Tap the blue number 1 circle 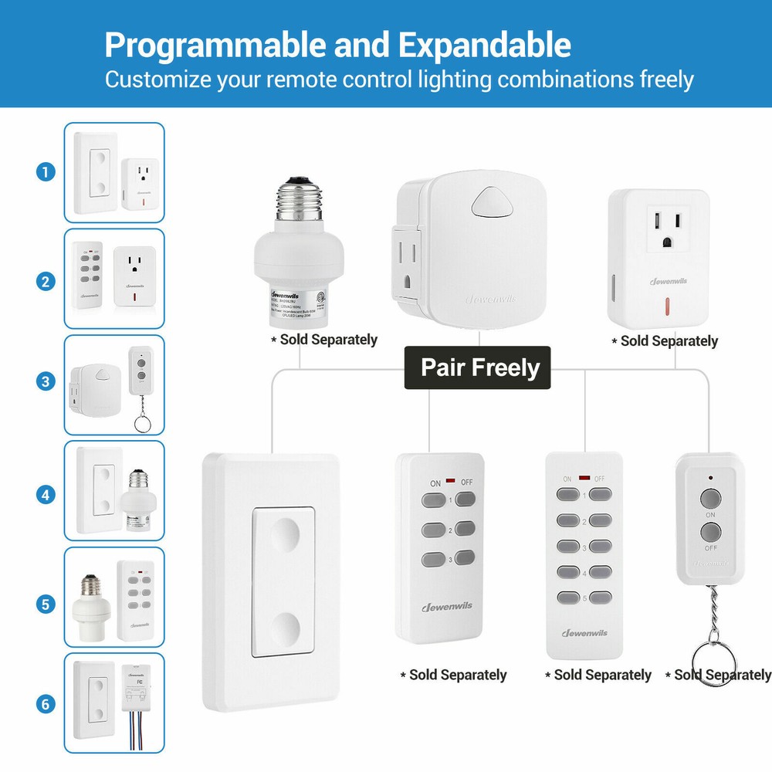[x=46, y=172]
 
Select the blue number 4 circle [x=46, y=493]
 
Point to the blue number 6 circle [x=46, y=704]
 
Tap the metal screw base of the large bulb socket [x=299, y=204]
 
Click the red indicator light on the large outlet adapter [x=665, y=303]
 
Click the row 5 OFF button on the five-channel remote [x=601, y=598]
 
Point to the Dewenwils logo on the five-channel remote [x=584, y=634]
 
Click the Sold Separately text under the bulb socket [x=323, y=340]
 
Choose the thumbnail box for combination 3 [x=114, y=384]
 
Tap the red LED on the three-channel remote [x=450, y=481]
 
